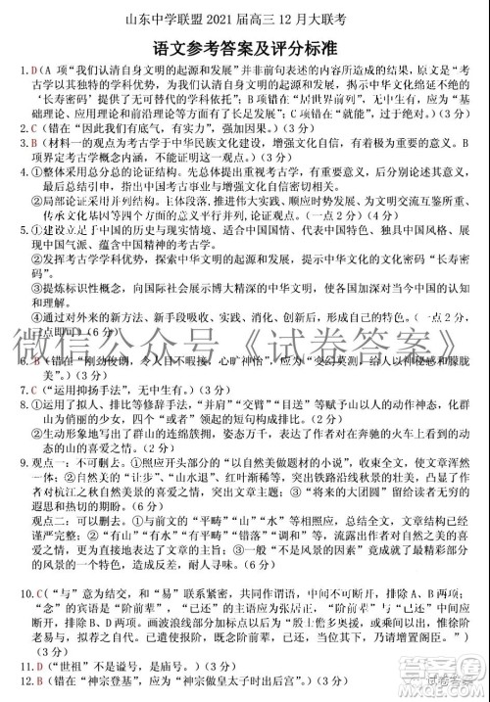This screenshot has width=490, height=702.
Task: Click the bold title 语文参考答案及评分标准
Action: [245, 46]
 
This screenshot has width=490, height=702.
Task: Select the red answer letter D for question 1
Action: [33, 71]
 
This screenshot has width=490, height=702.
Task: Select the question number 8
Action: [23, 406]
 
